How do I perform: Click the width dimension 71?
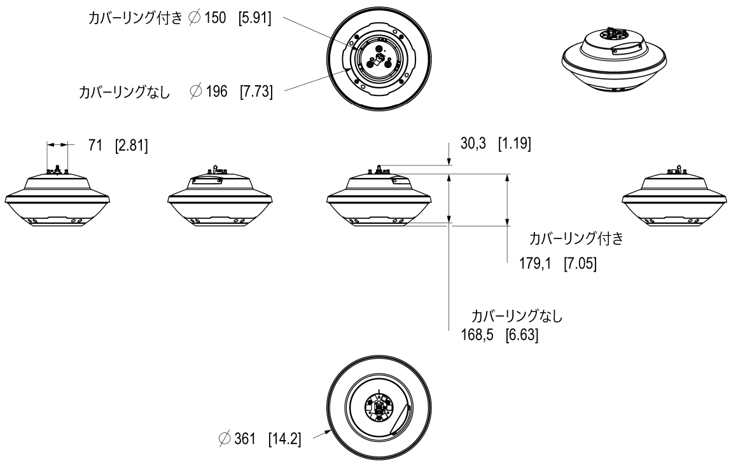point(95,145)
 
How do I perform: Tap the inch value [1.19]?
point(513,144)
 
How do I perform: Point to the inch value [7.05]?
point(579,263)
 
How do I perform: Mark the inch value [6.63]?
point(520,335)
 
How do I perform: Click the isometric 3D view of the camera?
point(614,61)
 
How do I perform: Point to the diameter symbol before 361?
point(223,438)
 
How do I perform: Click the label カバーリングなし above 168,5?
point(517,316)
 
